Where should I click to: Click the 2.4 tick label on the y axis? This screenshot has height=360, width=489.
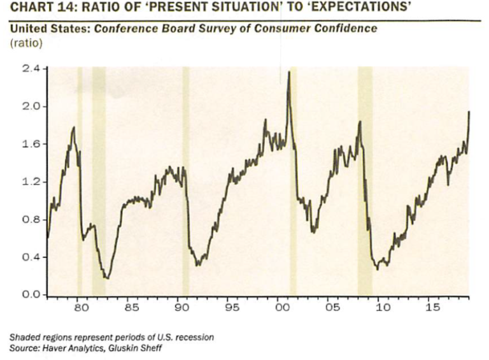[x=31, y=69]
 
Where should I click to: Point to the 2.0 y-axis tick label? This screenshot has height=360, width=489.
[x=31, y=106]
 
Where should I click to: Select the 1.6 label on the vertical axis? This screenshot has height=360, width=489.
[x=31, y=144]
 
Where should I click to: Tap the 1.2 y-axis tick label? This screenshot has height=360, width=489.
[x=31, y=182]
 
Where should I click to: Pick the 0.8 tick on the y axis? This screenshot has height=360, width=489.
[x=31, y=220]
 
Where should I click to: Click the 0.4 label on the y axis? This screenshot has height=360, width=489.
[x=31, y=257]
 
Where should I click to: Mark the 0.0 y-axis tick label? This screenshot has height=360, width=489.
[x=31, y=295]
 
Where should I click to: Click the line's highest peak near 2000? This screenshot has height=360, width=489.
[x=289, y=71]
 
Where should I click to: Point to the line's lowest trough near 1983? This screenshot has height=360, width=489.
[x=107, y=278]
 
